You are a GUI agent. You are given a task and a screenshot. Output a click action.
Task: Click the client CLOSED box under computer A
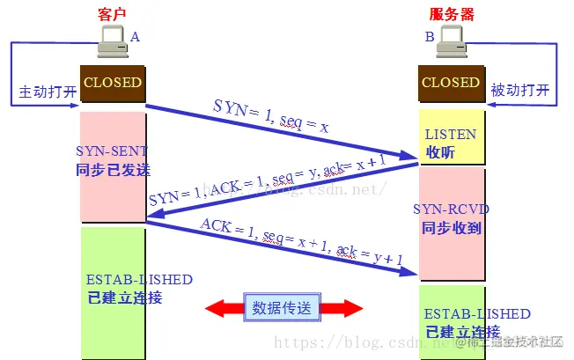point(112,84)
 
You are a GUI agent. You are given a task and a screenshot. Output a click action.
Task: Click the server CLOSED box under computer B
point(451,84)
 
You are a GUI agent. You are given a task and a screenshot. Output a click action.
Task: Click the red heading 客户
point(113,14)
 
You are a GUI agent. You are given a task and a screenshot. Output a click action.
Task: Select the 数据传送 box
point(282,307)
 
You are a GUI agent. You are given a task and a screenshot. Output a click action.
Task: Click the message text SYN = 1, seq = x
point(270,115)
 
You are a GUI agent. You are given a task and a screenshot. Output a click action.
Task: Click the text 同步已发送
point(112,167)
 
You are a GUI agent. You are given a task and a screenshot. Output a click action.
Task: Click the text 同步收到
point(451,228)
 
